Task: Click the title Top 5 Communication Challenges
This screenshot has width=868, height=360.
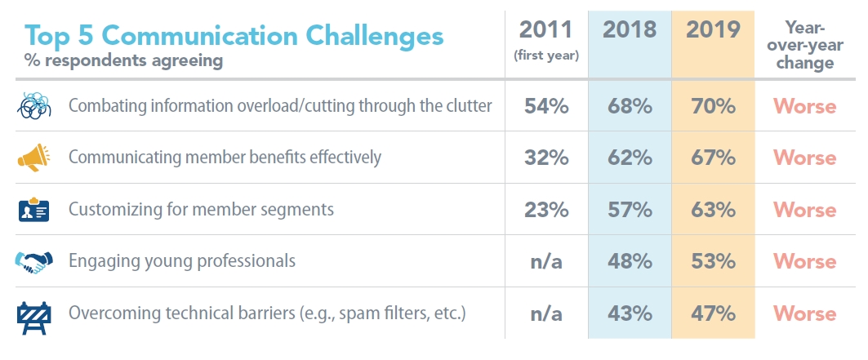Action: tap(234, 36)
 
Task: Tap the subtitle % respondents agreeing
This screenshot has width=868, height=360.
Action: tap(124, 60)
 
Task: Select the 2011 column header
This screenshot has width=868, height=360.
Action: tap(545, 30)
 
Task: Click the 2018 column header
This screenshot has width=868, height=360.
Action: tap(629, 30)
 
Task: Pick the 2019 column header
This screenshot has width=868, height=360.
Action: tap(713, 30)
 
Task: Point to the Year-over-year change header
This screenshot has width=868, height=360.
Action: tap(804, 45)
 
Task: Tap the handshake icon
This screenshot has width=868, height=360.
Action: tap(33, 262)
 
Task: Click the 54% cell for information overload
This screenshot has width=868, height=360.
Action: tap(545, 106)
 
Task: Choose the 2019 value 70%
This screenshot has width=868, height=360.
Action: tap(713, 106)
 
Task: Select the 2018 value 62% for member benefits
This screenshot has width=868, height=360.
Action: tap(629, 158)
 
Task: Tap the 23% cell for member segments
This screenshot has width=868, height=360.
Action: tap(545, 210)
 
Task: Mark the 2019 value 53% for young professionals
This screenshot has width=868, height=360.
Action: tap(713, 261)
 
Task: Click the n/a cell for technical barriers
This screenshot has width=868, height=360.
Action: tap(545, 313)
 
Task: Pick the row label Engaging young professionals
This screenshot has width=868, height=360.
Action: tap(181, 262)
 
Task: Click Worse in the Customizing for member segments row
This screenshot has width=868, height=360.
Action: tap(804, 210)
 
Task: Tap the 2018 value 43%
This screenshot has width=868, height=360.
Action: tap(629, 313)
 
